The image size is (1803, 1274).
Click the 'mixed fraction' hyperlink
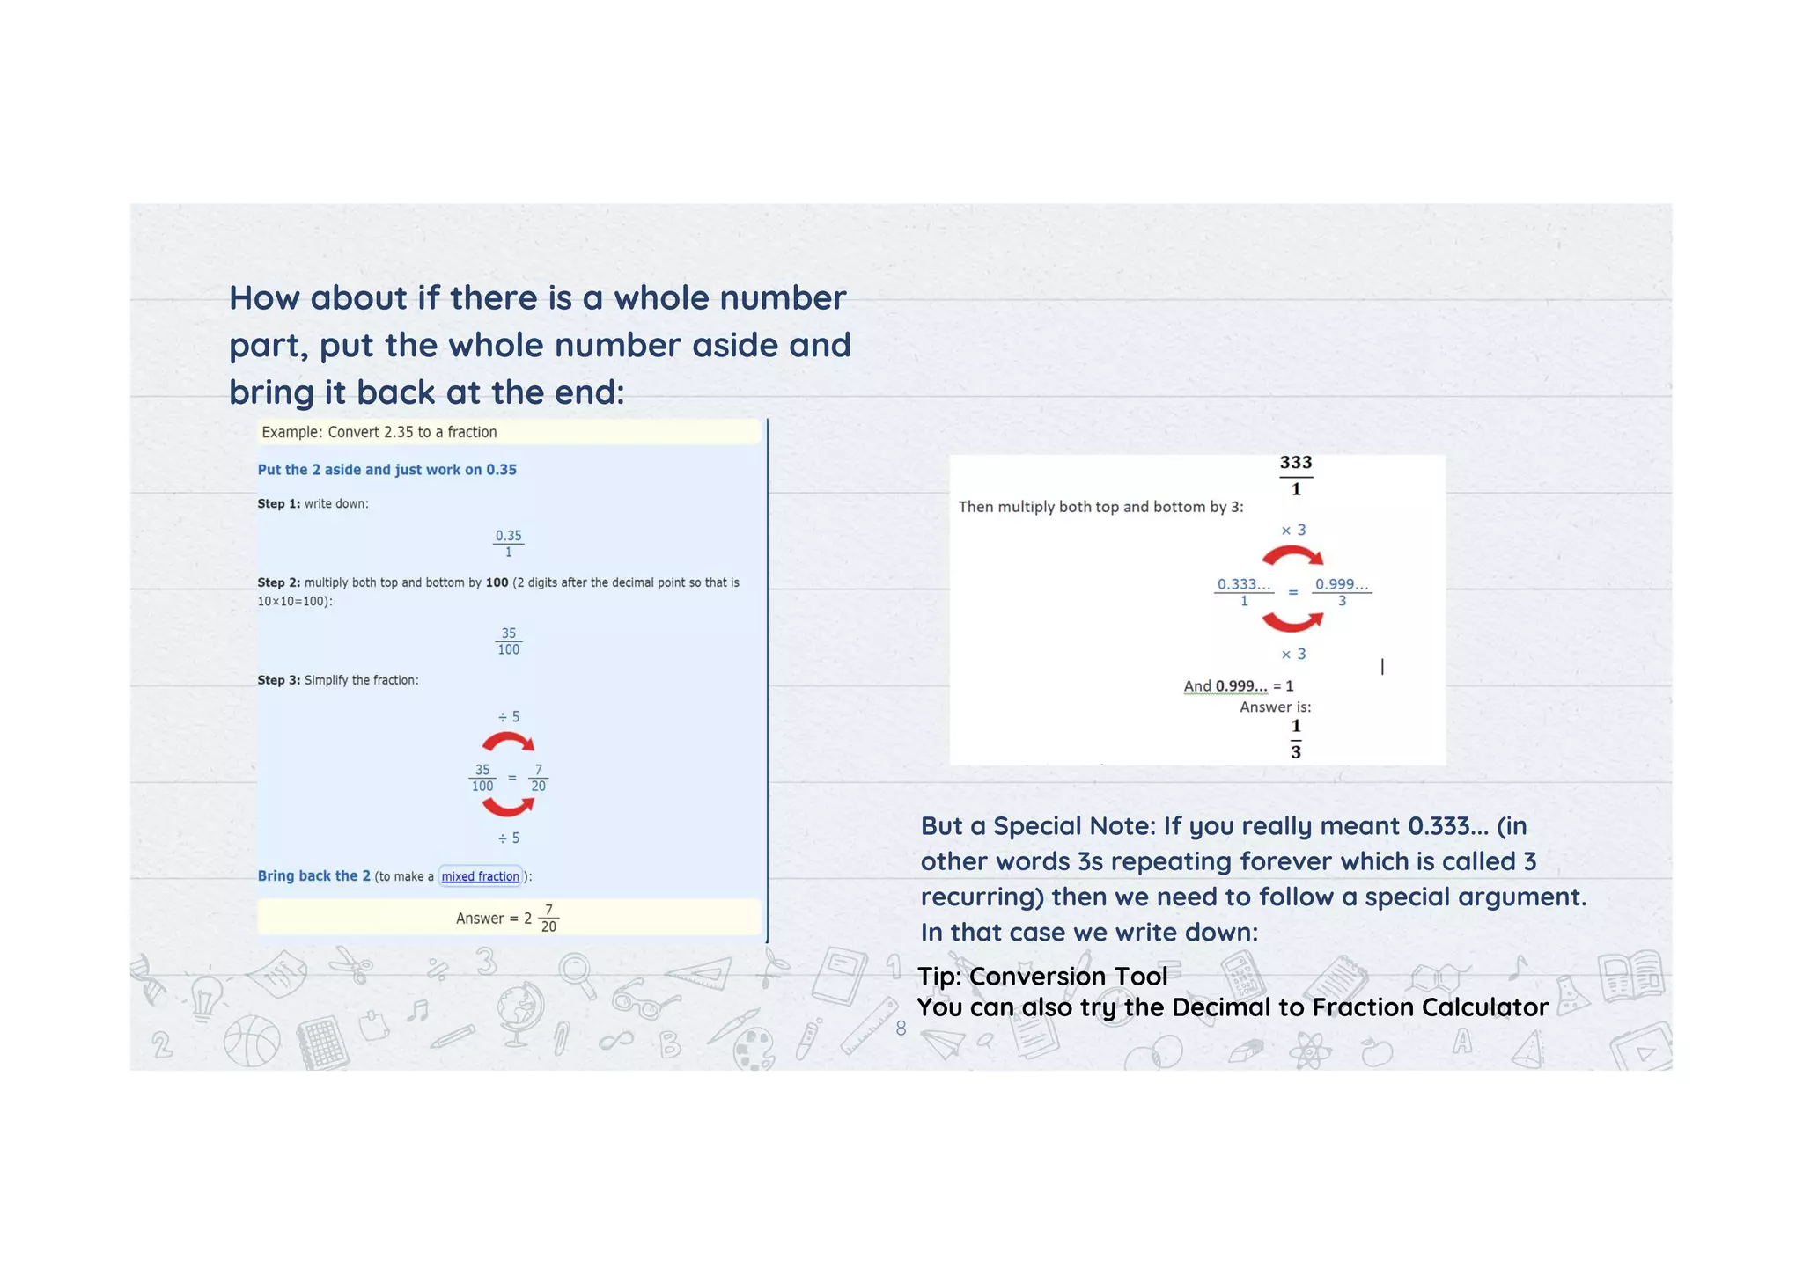click(x=480, y=876)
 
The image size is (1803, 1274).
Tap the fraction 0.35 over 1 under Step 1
click(x=508, y=543)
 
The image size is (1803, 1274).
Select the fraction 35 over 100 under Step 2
click(x=508, y=641)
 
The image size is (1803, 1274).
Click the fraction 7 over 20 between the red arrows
click(x=538, y=778)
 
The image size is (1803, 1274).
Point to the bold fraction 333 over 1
click(x=1295, y=475)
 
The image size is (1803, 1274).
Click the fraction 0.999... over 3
click(x=1341, y=592)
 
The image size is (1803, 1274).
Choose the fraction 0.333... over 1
click(x=1243, y=592)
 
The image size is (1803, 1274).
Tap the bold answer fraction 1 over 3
click(x=1295, y=738)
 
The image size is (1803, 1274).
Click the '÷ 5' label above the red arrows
click(x=508, y=716)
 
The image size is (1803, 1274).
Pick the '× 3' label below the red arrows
click(x=1292, y=654)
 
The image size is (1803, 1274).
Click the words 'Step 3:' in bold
click(x=278, y=680)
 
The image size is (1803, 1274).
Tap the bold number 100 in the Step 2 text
click(x=497, y=582)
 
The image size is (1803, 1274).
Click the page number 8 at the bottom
click(x=901, y=1028)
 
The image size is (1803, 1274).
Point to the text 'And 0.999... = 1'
click(x=1238, y=686)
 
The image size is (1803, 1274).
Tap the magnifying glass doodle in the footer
click(x=578, y=974)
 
